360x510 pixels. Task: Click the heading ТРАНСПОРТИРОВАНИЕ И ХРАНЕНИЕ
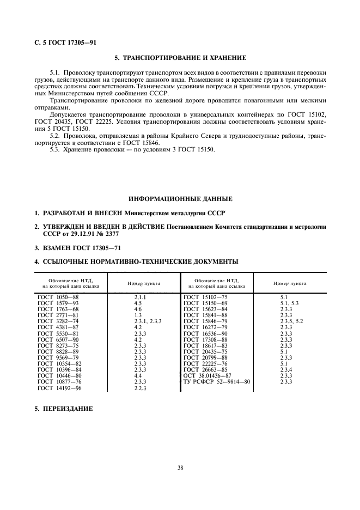[x=180, y=57]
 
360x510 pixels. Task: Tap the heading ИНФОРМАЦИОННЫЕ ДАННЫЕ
[x=180, y=198]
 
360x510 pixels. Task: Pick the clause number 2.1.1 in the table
[x=141, y=297]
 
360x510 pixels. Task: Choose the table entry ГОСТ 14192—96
[x=59, y=388]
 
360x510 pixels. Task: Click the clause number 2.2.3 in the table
[x=141, y=388]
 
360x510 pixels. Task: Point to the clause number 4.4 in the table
[x=138, y=375]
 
